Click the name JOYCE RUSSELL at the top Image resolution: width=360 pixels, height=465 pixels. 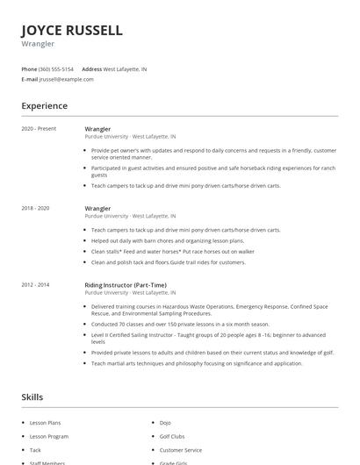click(72, 30)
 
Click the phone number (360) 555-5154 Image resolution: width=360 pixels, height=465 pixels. click(57, 68)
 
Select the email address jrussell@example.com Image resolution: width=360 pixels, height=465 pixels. click(66, 79)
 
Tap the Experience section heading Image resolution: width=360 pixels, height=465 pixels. click(45, 106)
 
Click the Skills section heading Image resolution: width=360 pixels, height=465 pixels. click(32, 397)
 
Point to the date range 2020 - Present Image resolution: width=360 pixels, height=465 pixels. click(40, 129)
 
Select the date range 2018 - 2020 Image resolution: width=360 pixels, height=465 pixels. click(36, 208)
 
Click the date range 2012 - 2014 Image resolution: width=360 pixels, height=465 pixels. click(36, 285)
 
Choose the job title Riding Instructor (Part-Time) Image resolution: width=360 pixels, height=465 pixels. click(126, 285)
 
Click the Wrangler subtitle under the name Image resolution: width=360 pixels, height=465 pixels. click(38, 44)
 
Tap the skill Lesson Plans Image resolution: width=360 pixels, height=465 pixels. click(45, 423)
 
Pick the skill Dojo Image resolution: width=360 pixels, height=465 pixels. click(166, 423)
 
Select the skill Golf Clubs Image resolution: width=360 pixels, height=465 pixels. click(172, 436)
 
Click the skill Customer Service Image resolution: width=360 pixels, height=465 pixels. click(180, 449)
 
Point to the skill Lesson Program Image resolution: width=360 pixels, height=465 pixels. click(49, 436)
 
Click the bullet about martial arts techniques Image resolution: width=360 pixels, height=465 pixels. click(197, 363)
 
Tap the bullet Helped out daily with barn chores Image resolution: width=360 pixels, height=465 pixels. click(168, 240)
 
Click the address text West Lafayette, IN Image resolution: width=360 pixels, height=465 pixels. click(125, 68)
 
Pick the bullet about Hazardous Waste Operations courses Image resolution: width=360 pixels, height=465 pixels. click(209, 310)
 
